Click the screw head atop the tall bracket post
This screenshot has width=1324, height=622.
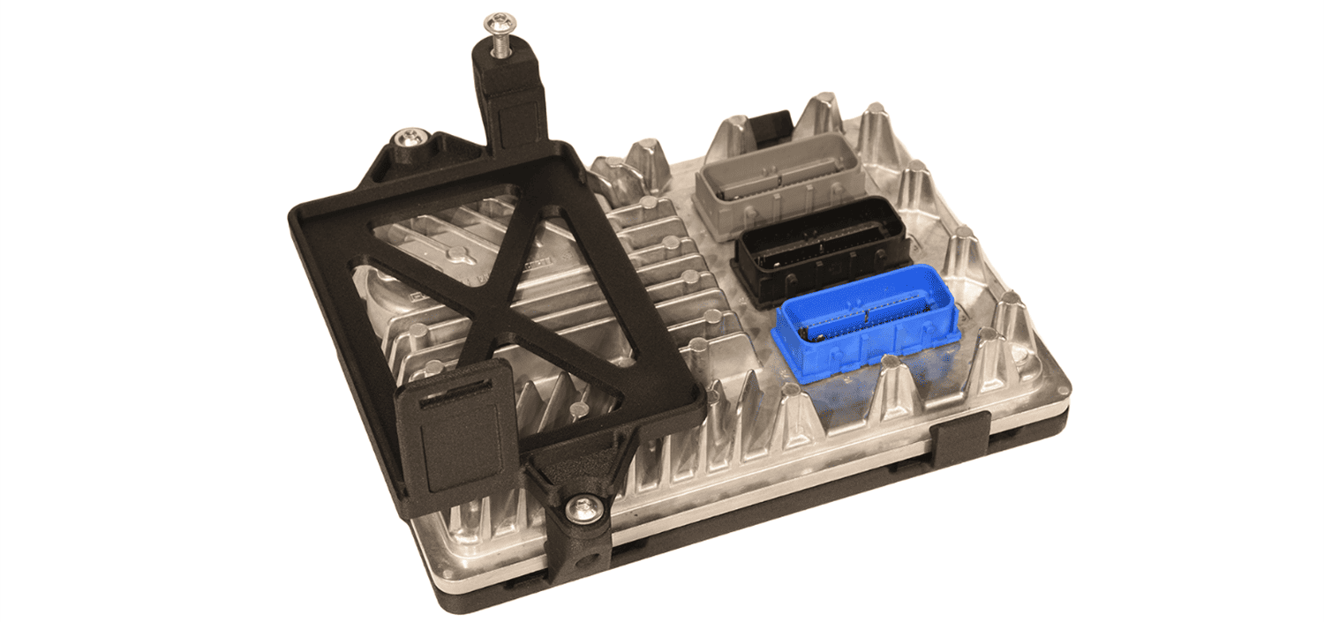500,21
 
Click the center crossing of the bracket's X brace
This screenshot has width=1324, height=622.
494,313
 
